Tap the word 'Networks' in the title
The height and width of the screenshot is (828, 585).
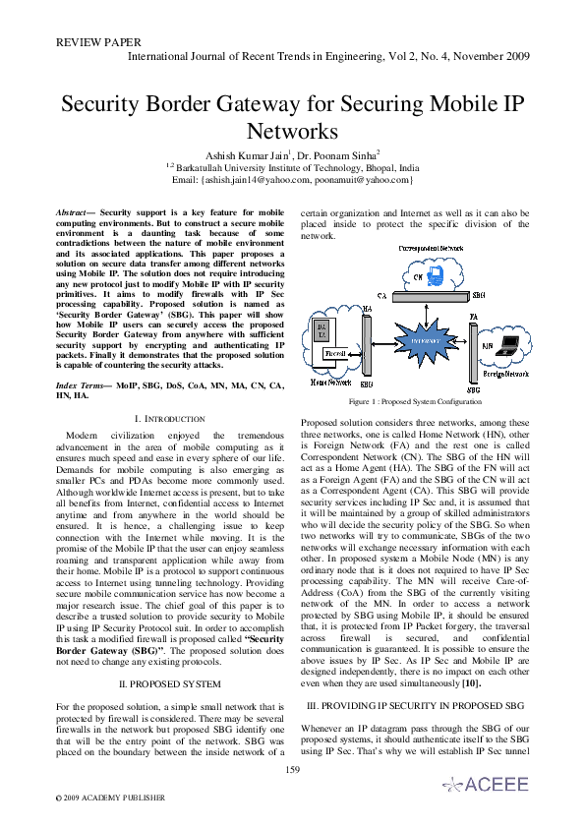click(x=292, y=131)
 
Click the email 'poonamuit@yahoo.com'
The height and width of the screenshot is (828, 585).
click(x=363, y=180)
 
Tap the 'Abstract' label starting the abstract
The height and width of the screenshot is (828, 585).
click(x=73, y=212)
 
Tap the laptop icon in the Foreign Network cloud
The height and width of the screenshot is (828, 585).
click(x=507, y=345)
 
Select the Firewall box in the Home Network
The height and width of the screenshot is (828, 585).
click(x=333, y=351)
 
